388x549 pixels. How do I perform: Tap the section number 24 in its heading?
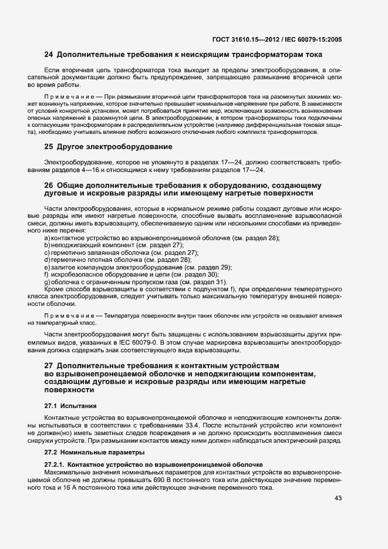(x=49, y=55)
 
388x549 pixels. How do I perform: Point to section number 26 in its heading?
(x=49, y=186)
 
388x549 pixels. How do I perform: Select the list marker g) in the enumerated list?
(x=47, y=282)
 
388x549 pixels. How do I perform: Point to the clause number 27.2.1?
(x=56, y=463)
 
